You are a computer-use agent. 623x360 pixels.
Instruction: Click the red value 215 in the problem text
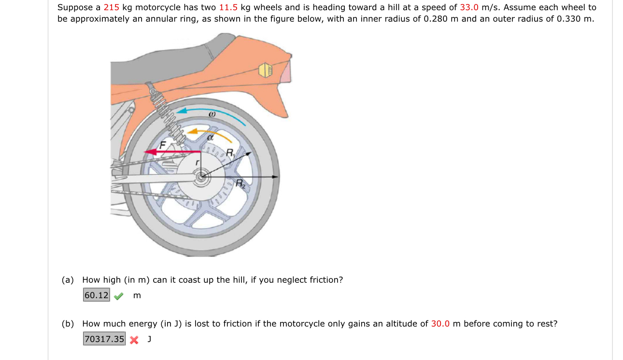click(x=111, y=8)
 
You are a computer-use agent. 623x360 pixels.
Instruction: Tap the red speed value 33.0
click(x=469, y=8)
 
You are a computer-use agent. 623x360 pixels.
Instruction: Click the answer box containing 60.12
click(x=97, y=295)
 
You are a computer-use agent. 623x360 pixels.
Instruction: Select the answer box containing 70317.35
click(x=104, y=339)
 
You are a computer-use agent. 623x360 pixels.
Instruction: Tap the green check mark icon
click(x=118, y=296)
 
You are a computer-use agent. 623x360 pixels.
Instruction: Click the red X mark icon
click(x=134, y=340)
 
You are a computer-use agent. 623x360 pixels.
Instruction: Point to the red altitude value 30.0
click(x=440, y=324)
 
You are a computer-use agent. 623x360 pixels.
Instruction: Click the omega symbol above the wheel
click(x=211, y=115)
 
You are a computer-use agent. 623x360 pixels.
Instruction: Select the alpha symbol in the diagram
click(x=210, y=137)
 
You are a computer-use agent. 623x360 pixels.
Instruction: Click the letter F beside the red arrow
click(x=163, y=144)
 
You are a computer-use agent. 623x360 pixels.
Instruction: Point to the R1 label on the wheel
click(x=230, y=153)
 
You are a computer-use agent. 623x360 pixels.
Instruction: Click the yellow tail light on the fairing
click(x=266, y=70)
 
